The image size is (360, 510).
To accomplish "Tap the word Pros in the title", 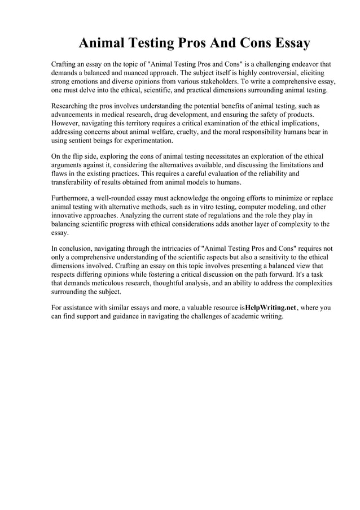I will [x=195, y=43].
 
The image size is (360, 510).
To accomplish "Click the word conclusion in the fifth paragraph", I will [x=78, y=249].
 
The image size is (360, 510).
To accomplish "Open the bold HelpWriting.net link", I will [x=270, y=308].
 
